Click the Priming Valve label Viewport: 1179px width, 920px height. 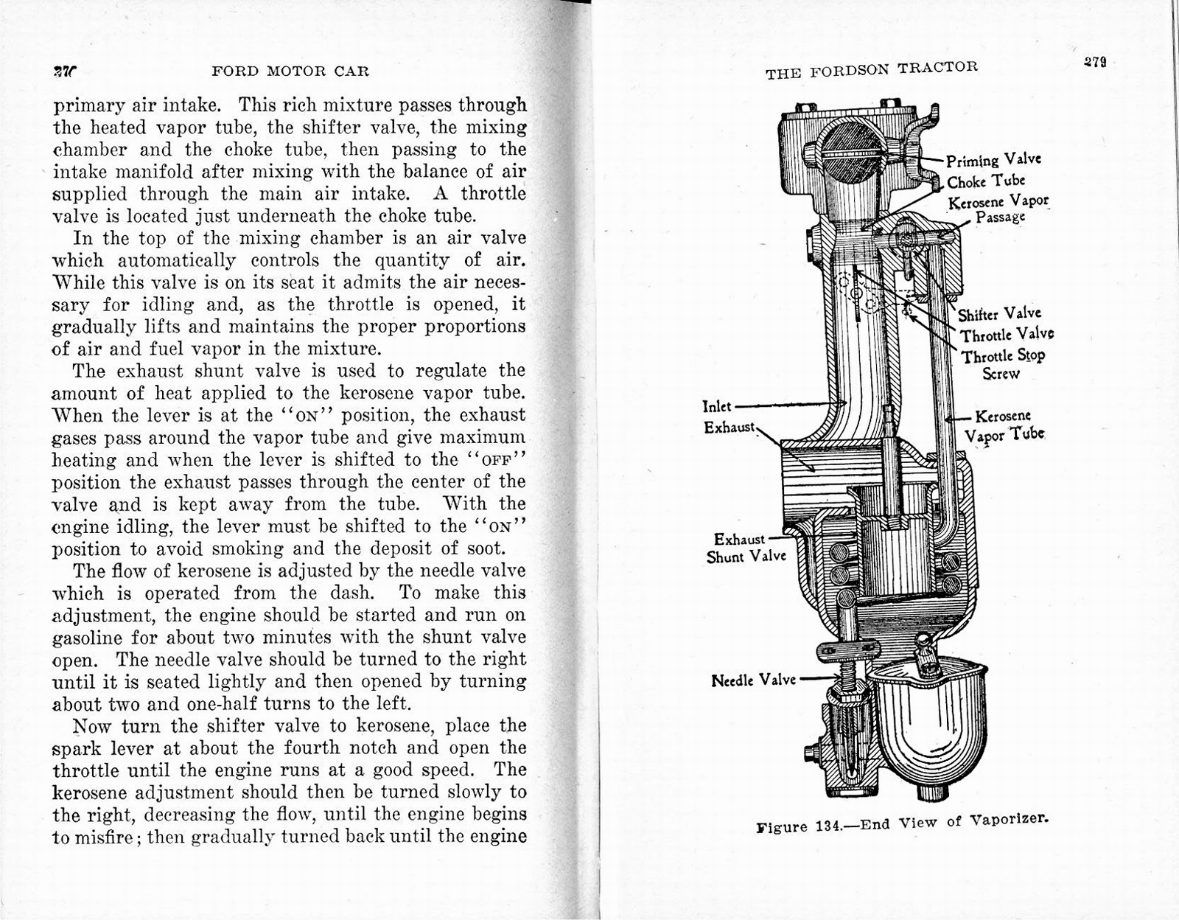[993, 160]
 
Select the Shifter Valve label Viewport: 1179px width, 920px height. [999, 314]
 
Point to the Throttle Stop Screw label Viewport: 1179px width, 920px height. [1003, 363]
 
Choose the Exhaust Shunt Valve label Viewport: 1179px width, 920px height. [746, 548]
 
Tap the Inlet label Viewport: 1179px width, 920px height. [717, 406]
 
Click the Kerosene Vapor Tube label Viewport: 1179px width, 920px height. [1004, 425]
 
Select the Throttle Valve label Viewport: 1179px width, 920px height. [1007, 335]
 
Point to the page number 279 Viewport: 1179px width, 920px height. [1095, 62]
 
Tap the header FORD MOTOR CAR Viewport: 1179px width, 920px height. [290, 72]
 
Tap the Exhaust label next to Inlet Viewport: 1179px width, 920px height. [730, 427]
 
